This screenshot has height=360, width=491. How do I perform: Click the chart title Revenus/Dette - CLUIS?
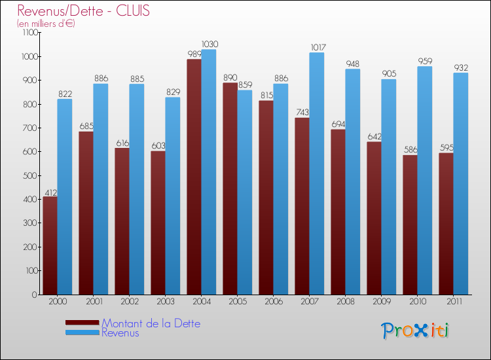tap(83, 10)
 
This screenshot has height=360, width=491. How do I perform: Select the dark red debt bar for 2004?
tap(194, 177)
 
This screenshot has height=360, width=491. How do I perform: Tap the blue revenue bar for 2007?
tap(316, 173)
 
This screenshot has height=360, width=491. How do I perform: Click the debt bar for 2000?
tap(50, 245)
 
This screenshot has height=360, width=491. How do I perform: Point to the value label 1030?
tap(209, 45)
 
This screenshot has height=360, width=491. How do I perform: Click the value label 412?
tap(50, 192)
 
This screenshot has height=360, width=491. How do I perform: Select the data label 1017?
tap(318, 48)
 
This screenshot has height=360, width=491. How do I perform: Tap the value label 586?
tap(410, 151)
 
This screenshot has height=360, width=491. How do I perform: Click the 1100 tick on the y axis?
tap(29, 33)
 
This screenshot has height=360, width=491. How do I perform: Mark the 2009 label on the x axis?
tap(381, 302)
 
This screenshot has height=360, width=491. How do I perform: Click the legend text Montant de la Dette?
tap(151, 323)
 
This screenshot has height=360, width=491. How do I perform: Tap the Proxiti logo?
tap(415, 331)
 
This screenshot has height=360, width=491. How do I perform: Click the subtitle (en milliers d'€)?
tap(46, 24)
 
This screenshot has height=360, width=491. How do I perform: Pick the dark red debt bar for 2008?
tap(338, 211)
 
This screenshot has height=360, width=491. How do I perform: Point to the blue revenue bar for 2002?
tap(136, 190)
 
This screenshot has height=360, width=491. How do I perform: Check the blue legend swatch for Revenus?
tap(82, 333)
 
